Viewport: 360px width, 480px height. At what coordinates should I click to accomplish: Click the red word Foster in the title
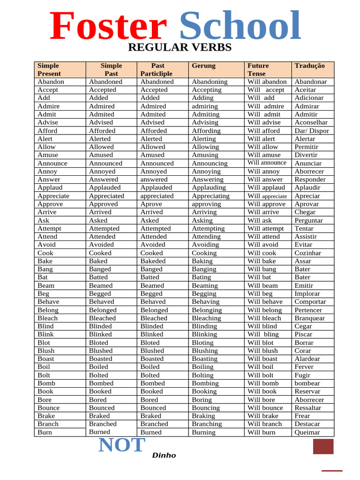coord(108,26)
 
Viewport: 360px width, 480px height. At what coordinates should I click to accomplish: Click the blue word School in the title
coord(240,26)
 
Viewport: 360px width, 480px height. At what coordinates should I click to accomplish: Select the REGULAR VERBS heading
coord(180,47)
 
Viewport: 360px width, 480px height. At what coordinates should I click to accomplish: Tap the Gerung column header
coord(204,66)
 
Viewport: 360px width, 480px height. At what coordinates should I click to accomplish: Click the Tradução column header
coord(309,66)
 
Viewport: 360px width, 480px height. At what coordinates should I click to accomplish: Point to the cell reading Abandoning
coord(210,82)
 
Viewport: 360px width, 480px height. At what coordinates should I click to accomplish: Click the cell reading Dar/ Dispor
coord(312,131)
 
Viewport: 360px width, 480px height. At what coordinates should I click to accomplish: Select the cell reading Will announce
coord(267,163)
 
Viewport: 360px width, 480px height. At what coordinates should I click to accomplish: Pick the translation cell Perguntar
coord(308,220)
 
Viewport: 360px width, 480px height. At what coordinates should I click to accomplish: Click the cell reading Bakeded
coord(153,261)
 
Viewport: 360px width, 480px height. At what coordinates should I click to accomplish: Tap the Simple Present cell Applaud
coord(50,187)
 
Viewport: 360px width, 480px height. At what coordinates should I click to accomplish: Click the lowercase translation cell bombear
coord(307,383)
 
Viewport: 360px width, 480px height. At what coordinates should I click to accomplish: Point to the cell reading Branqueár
coord(309,318)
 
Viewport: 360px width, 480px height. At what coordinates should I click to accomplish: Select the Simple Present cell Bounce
coord(49,408)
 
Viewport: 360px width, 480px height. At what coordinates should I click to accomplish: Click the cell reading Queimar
coord(307,432)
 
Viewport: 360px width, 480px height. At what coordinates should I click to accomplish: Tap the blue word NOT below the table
coord(122,445)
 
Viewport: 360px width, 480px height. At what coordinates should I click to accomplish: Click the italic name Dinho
coord(164,455)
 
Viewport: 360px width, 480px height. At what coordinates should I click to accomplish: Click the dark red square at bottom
coord(323,446)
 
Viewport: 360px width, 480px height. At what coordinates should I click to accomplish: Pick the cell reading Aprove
coord(150,204)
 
